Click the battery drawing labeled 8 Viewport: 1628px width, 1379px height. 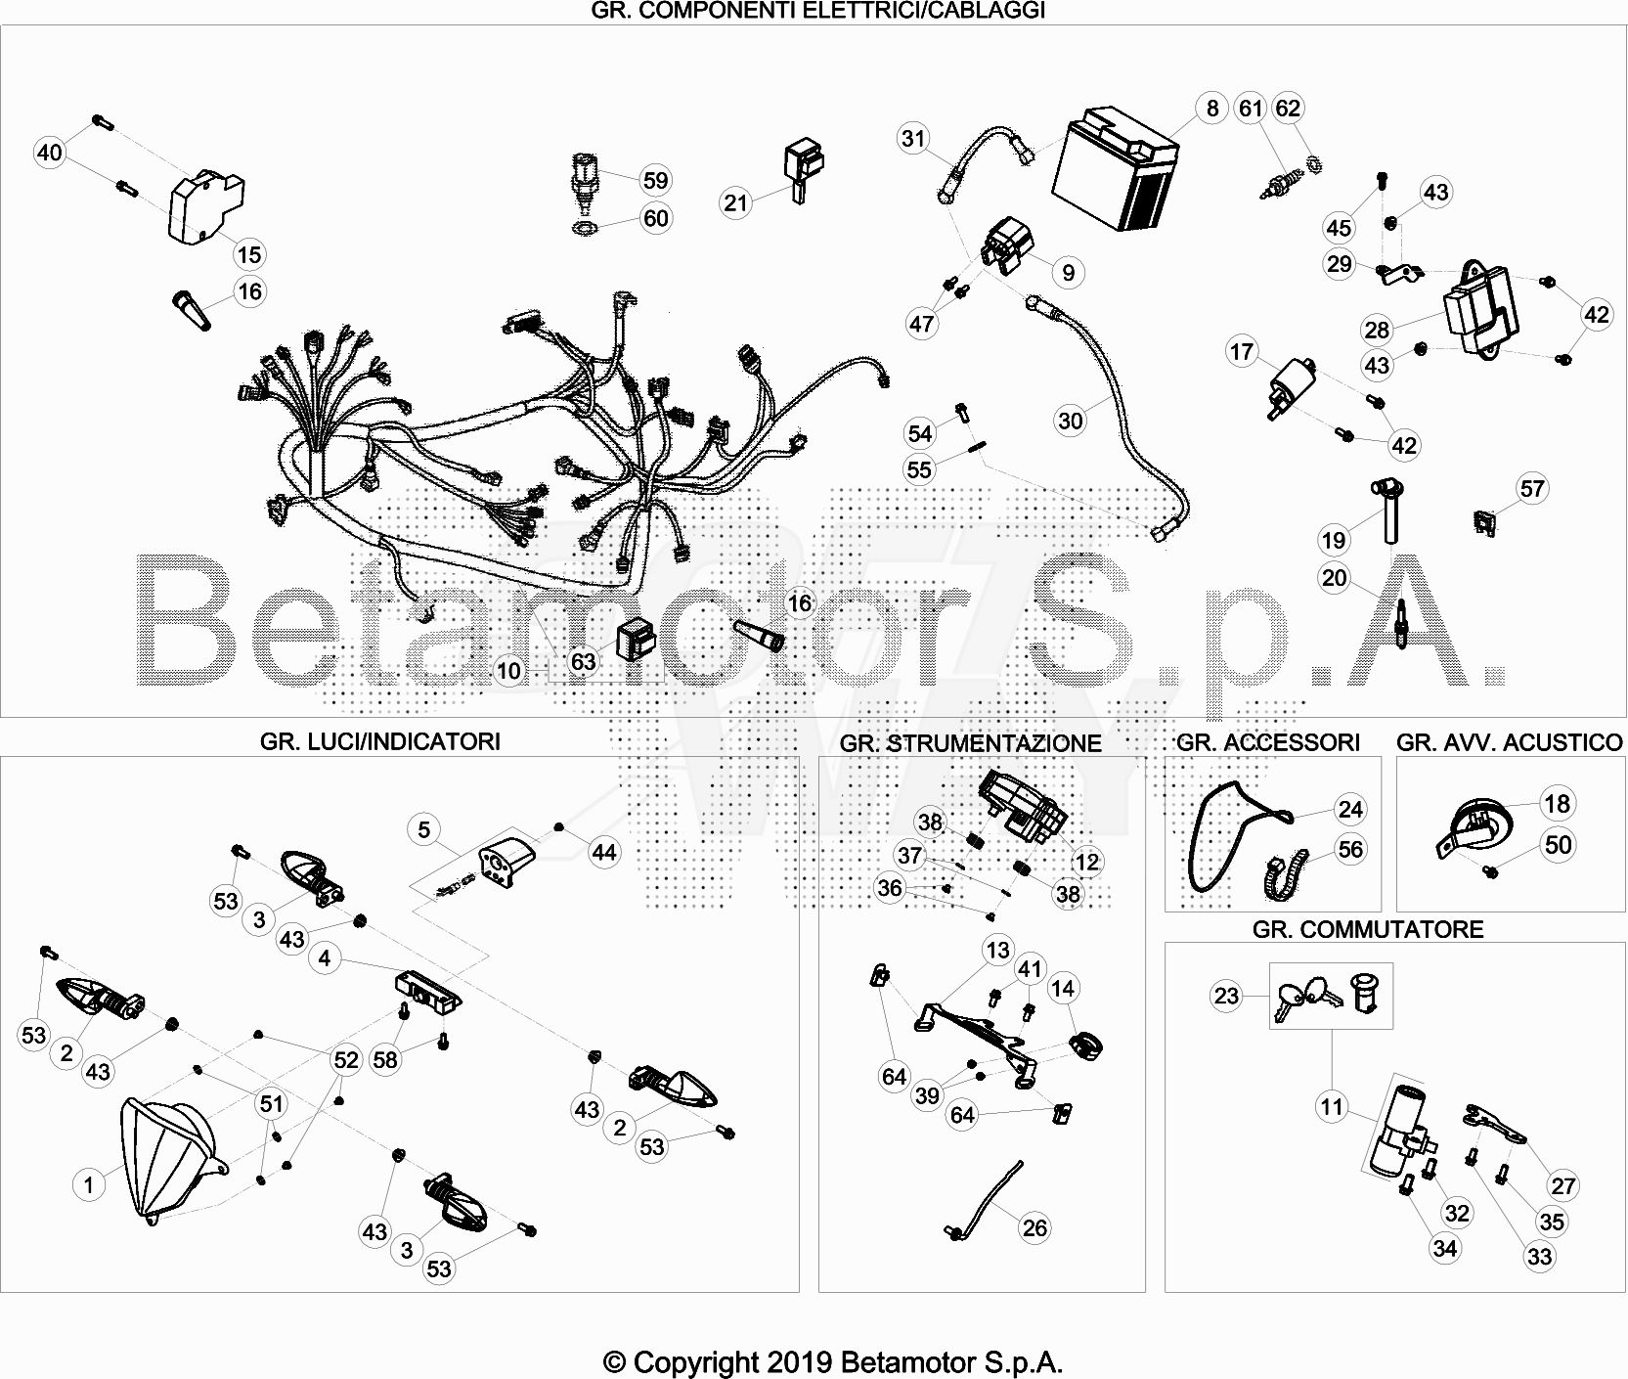tap(1116, 170)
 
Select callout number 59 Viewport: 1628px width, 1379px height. tap(655, 180)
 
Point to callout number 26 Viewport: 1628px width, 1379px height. tap(1034, 1227)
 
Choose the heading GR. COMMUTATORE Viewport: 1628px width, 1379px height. tap(1368, 929)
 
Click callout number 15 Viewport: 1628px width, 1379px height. tap(249, 254)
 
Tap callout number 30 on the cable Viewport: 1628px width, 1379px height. tap(1071, 421)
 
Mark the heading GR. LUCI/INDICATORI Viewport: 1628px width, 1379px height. tap(380, 741)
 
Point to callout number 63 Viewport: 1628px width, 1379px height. tap(583, 662)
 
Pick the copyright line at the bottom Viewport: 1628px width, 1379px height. tap(833, 1361)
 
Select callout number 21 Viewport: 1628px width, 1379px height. tap(735, 202)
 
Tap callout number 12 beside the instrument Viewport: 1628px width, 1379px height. tap(1086, 862)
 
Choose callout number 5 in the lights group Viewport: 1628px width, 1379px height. tap(423, 830)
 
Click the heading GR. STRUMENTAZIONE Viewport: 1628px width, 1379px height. tap(971, 743)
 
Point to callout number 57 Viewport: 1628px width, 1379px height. tap(1532, 488)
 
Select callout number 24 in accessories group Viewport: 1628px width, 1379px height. tap(1350, 809)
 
